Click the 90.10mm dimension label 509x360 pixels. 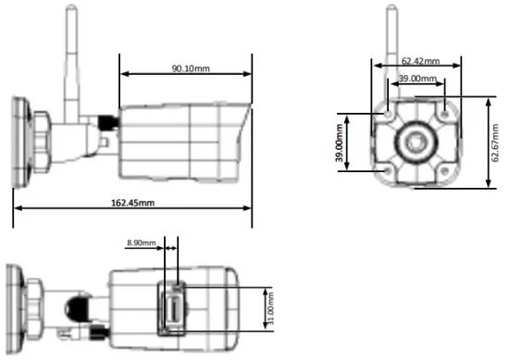(189, 67)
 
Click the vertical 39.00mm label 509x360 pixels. (341, 143)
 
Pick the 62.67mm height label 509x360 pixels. (497, 143)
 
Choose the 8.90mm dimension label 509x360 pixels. (143, 244)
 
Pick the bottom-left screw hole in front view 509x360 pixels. (386, 171)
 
